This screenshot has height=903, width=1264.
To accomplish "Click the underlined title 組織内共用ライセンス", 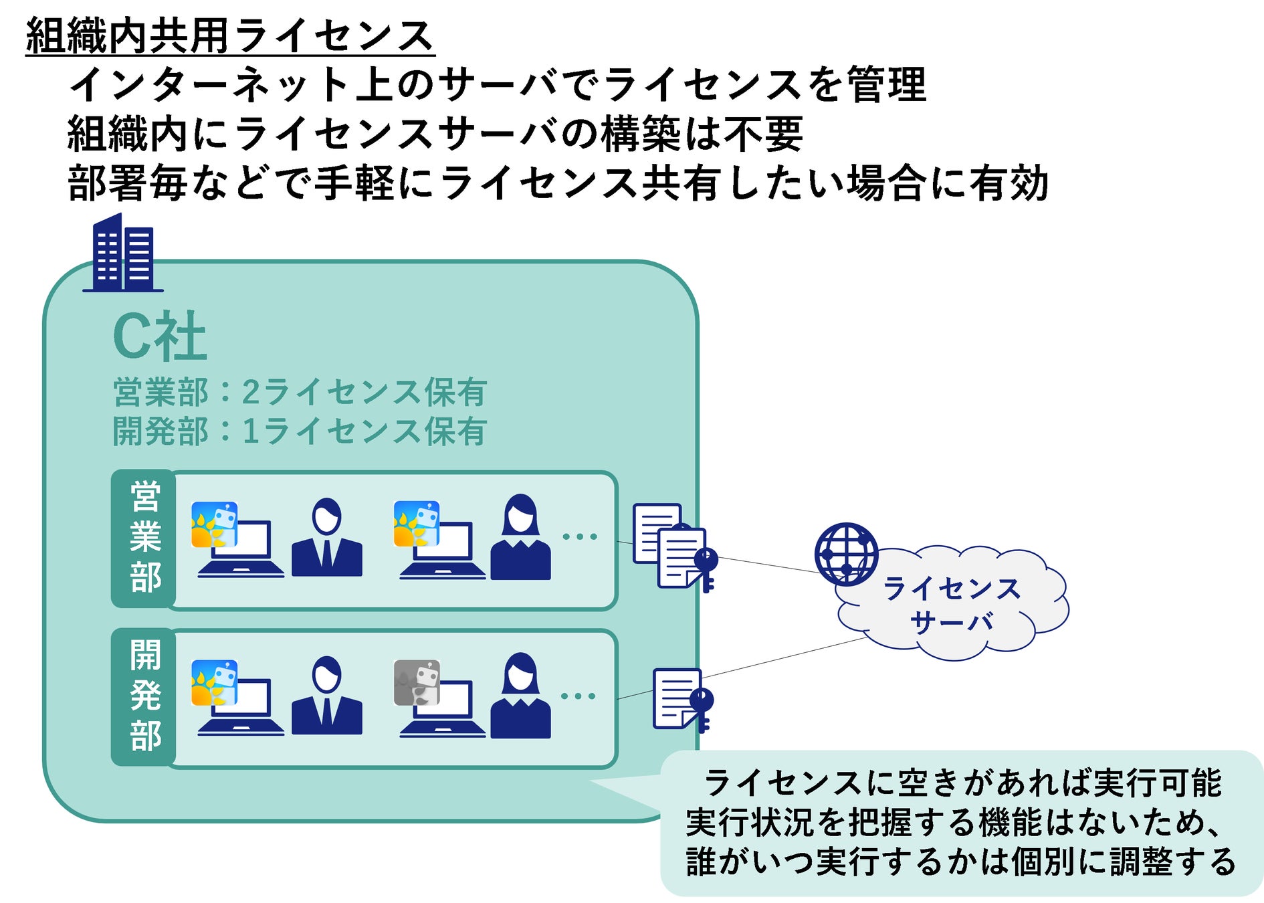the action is pos(230,36).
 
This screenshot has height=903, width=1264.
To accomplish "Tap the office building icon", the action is pos(123,253).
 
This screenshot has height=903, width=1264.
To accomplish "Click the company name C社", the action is pos(160,336).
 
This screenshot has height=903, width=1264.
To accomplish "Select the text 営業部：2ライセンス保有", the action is pos(300,392).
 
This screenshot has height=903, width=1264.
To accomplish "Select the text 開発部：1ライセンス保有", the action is pos(300,431).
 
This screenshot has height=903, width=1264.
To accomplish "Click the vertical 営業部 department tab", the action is pos(144,538).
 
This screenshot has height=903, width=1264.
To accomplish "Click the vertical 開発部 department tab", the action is pos(144,696).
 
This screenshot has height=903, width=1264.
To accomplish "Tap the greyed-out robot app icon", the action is pos(417,682).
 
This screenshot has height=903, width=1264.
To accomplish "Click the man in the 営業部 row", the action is pos(327,537).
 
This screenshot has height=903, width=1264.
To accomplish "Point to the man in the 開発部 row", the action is pos(327,696).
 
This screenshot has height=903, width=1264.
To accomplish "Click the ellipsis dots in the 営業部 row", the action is pos(579,536).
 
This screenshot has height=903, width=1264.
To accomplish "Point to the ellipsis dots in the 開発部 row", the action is pos(578,696).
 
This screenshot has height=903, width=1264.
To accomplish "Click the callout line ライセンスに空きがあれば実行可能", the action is pos(963,783).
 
